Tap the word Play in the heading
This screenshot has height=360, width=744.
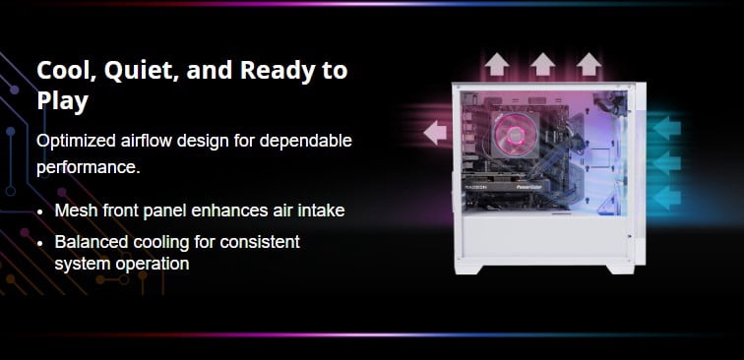(63, 101)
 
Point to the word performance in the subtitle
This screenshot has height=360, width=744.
(89, 167)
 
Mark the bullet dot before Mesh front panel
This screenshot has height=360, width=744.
(40, 211)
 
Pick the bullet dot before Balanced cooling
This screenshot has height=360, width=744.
(40, 243)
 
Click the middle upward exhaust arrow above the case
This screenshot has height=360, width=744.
(543, 65)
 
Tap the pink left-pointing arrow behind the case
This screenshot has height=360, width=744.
(435, 133)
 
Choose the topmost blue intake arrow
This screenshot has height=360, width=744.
(666, 128)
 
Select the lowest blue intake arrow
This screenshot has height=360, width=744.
(666, 198)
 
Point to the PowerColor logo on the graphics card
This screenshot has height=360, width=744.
(530, 188)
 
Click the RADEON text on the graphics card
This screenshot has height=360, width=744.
(476, 188)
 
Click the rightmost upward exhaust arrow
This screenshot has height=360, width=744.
(589, 65)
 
